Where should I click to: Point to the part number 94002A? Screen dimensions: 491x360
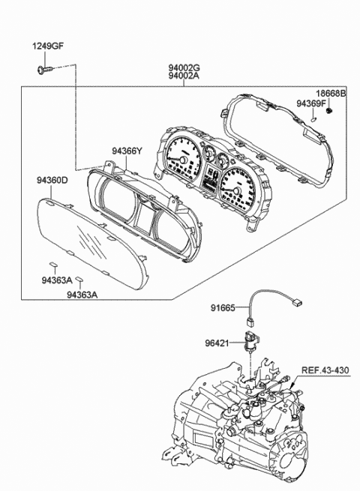183,76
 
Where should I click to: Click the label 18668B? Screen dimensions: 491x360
331,94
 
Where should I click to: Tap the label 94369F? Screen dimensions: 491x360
310,104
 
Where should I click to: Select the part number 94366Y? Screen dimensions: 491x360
127,151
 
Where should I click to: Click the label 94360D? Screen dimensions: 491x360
52,180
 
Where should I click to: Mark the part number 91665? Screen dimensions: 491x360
223,307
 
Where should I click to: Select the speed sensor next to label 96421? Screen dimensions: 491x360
249,341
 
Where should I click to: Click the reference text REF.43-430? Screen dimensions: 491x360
325,369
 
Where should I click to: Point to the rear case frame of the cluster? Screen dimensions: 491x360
285,142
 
